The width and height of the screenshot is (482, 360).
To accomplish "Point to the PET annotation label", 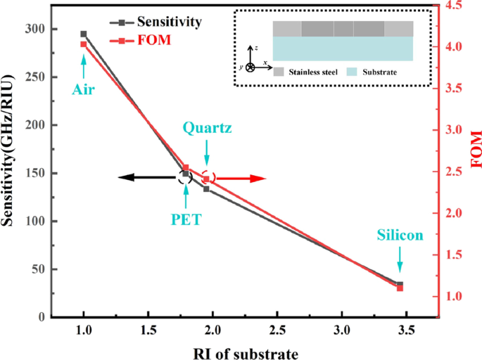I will click(186, 219).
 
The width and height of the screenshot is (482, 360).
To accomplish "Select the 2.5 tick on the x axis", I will click(277, 331).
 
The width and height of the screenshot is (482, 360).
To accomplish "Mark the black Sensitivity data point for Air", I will click(84, 34).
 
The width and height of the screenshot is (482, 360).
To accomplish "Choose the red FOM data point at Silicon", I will click(400, 288).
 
